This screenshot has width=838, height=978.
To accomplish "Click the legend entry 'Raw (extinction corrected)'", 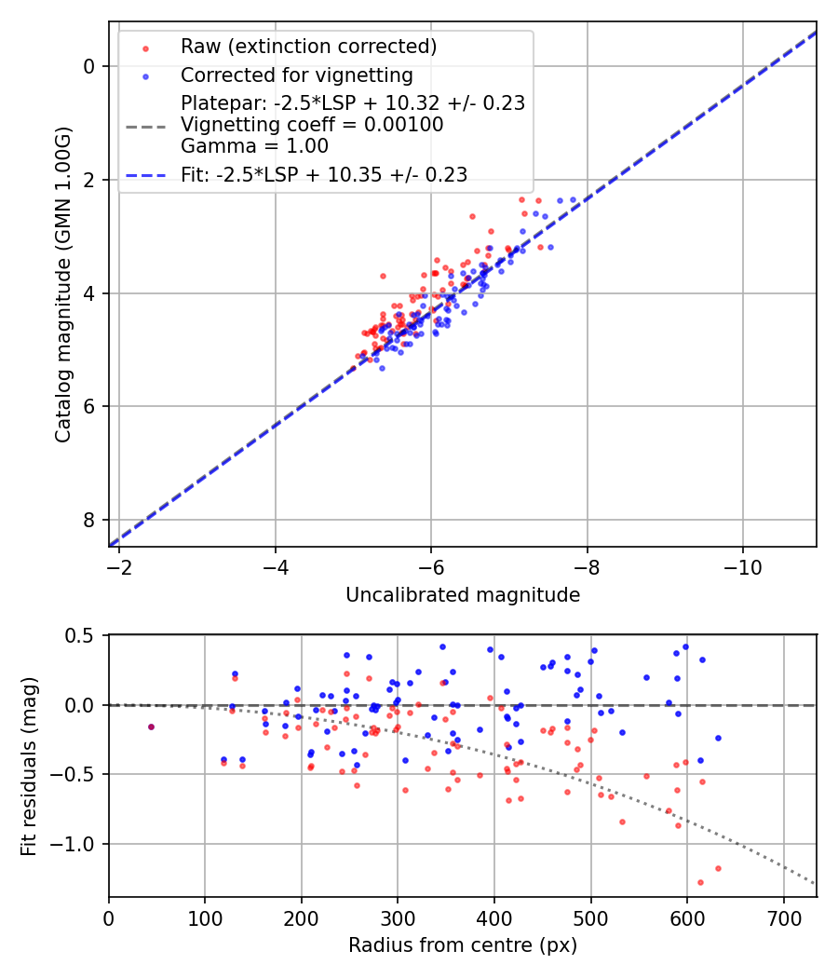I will coord(308,47).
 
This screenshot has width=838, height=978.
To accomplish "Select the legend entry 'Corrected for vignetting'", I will coord(296,75).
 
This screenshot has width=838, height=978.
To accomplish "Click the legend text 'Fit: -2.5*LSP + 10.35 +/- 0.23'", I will coord(324,174).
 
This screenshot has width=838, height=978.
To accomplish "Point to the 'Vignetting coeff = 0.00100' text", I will coord(312,125).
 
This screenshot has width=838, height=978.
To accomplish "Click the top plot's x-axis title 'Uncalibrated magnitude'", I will coord(463,595).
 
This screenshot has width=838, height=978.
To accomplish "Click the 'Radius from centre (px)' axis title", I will coord(463,945).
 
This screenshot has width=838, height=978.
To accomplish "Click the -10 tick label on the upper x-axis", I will coord(742,566).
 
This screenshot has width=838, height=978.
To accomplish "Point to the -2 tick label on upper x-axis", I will coord(118,566).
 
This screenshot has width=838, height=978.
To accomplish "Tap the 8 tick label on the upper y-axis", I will coord(89,520).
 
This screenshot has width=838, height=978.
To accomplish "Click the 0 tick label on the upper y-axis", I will coord(89,66).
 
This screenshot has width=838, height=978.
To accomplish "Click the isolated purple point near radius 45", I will coord(151,727).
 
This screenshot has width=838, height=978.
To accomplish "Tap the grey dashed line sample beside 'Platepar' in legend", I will coord(145,125).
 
